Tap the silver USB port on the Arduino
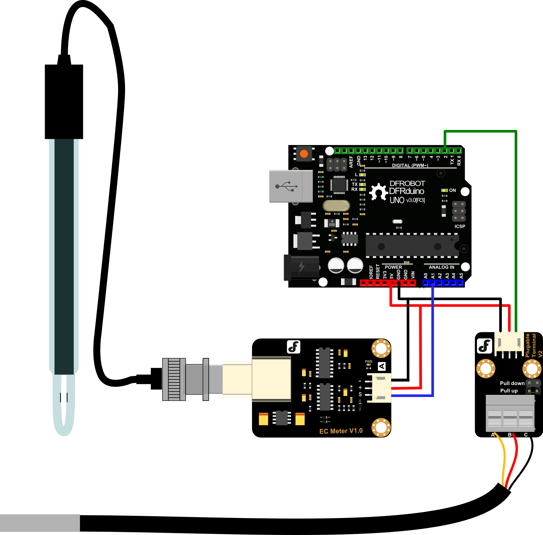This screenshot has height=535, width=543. click(x=291, y=186)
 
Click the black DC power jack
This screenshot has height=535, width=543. click(x=301, y=267)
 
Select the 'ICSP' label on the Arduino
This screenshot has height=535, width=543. click(x=460, y=226)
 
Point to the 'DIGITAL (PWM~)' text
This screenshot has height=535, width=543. click(x=410, y=165)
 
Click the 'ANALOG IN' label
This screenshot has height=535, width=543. click(x=441, y=267)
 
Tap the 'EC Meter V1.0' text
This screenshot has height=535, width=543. click(x=341, y=431)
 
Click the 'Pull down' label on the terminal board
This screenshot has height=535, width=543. click(x=512, y=383)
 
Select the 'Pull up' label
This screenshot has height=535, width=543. click(x=509, y=391)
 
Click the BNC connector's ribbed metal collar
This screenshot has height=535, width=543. click(x=174, y=379)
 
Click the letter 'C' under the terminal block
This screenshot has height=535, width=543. click(x=526, y=435)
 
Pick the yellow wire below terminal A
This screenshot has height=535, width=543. click(x=503, y=461)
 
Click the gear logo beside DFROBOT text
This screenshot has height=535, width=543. click(x=378, y=192)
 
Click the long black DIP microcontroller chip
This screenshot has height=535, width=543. click(x=412, y=246)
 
